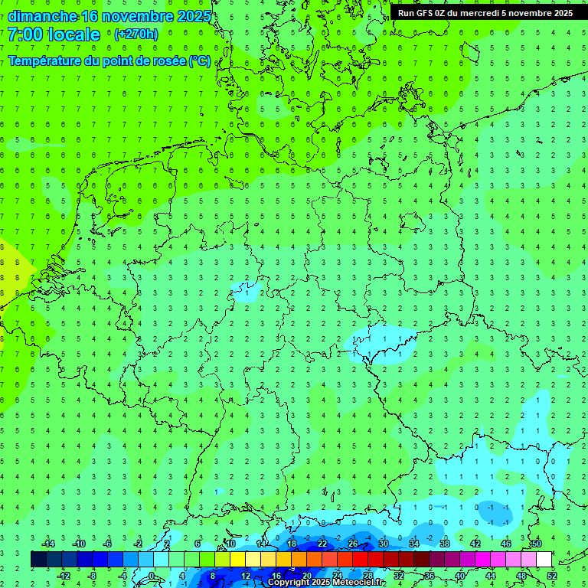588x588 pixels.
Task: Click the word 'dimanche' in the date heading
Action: [43, 16]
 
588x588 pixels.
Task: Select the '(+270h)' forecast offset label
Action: [136, 34]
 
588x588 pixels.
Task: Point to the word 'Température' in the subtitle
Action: [44, 61]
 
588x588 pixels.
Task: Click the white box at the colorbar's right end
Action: [544, 560]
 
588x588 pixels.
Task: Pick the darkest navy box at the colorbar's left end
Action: [38, 560]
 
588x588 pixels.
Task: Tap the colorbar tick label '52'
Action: [552, 576]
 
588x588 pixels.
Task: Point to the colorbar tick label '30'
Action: [383, 544]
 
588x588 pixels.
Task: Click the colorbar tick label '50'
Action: [536, 544]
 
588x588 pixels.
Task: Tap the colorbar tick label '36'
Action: [430, 576]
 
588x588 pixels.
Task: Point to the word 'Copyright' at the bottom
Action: [289, 583]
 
